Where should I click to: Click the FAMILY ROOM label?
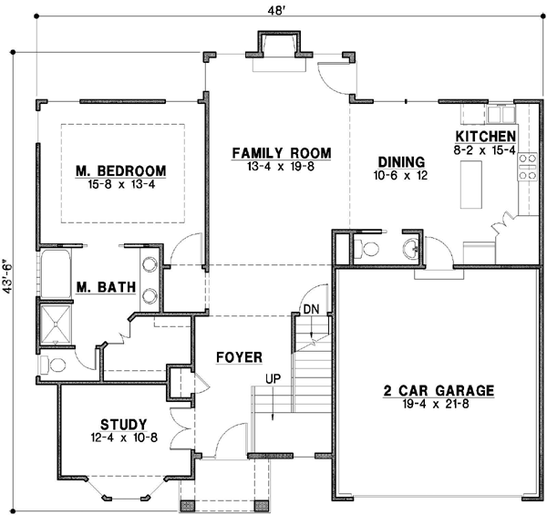[x=280, y=152]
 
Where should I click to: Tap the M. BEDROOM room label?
[x=121, y=170]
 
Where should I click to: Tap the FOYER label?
[x=240, y=356]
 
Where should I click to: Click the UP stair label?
[x=272, y=377]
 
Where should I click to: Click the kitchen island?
[x=472, y=183]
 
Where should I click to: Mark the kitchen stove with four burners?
[x=527, y=167]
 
